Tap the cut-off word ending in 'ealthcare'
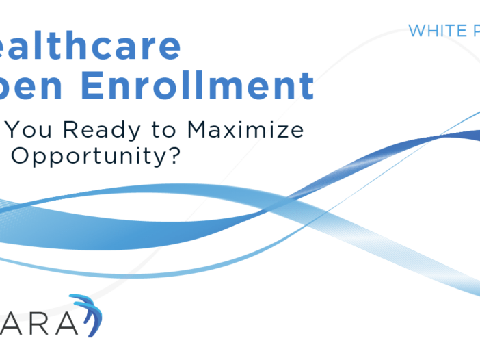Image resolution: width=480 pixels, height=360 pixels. pos(92,46)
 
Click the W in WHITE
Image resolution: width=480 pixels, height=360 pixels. pos(415,31)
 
